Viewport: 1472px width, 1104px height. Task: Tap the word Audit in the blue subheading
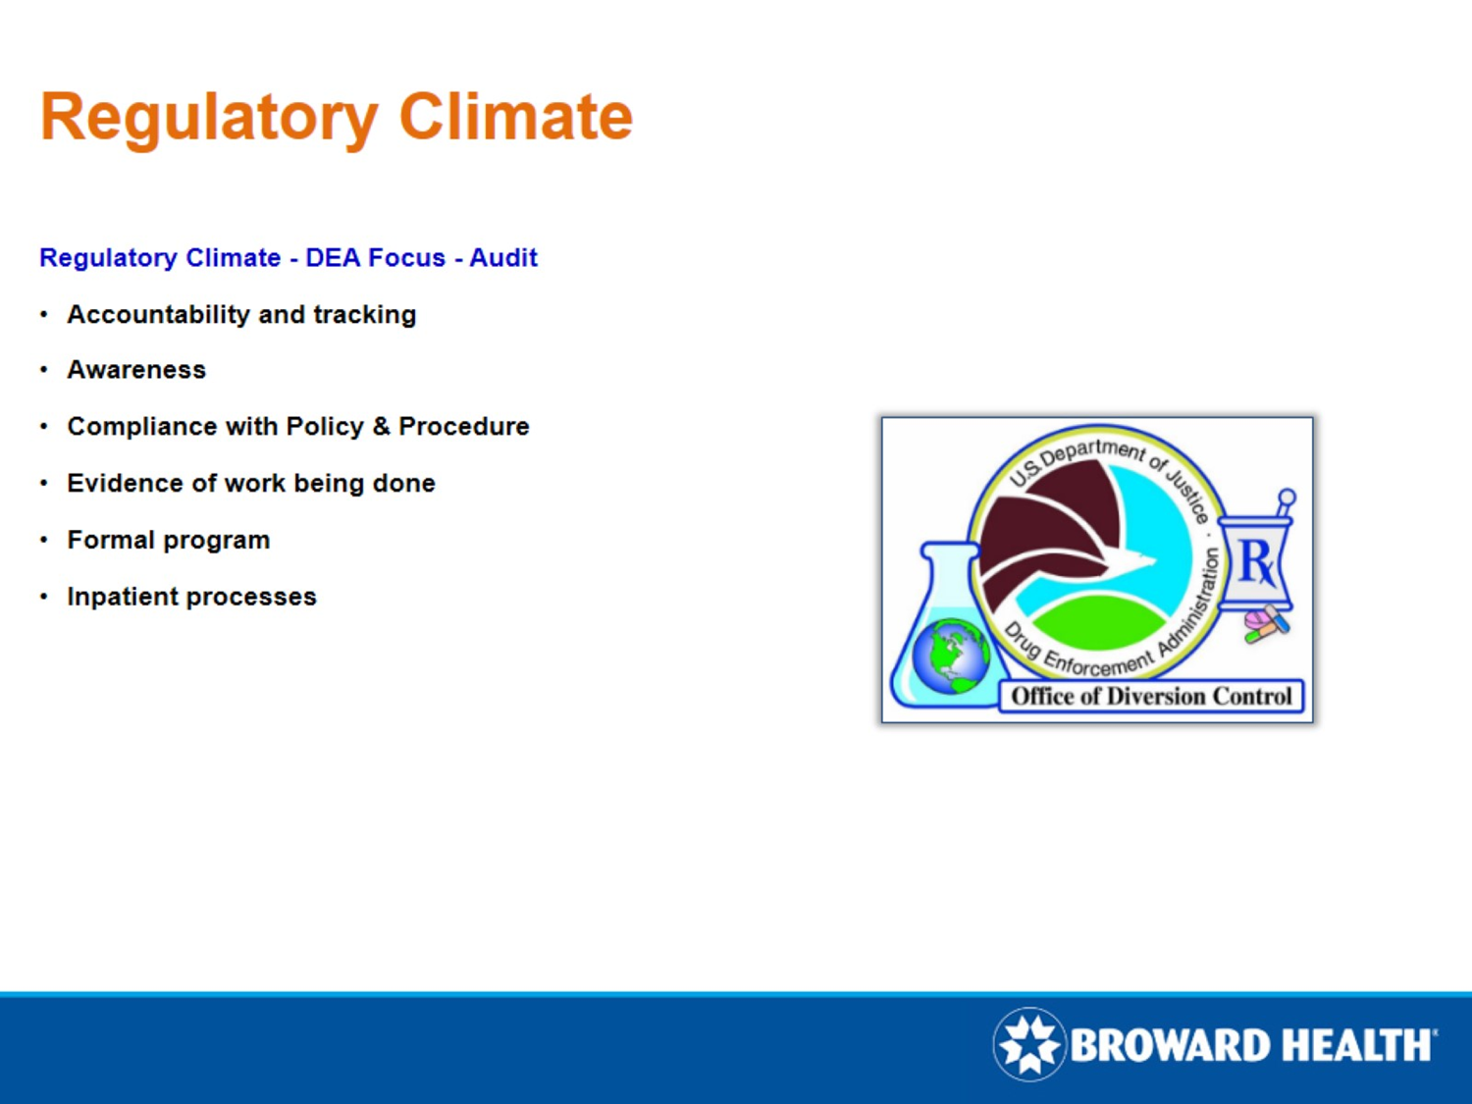(x=503, y=258)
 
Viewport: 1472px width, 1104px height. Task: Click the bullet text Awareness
(x=136, y=370)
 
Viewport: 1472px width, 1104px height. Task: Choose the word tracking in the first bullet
(x=364, y=315)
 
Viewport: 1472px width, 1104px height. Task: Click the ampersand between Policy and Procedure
(x=381, y=427)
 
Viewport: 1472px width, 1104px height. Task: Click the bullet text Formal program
(x=168, y=541)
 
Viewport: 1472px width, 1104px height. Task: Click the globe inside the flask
(x=950, y=657)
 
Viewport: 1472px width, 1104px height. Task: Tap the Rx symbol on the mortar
(x=1256, y=562)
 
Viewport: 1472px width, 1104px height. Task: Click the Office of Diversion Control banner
(x=1151, y=696)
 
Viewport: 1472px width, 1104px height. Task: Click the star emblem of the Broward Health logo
(x=1028, y=1044)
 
